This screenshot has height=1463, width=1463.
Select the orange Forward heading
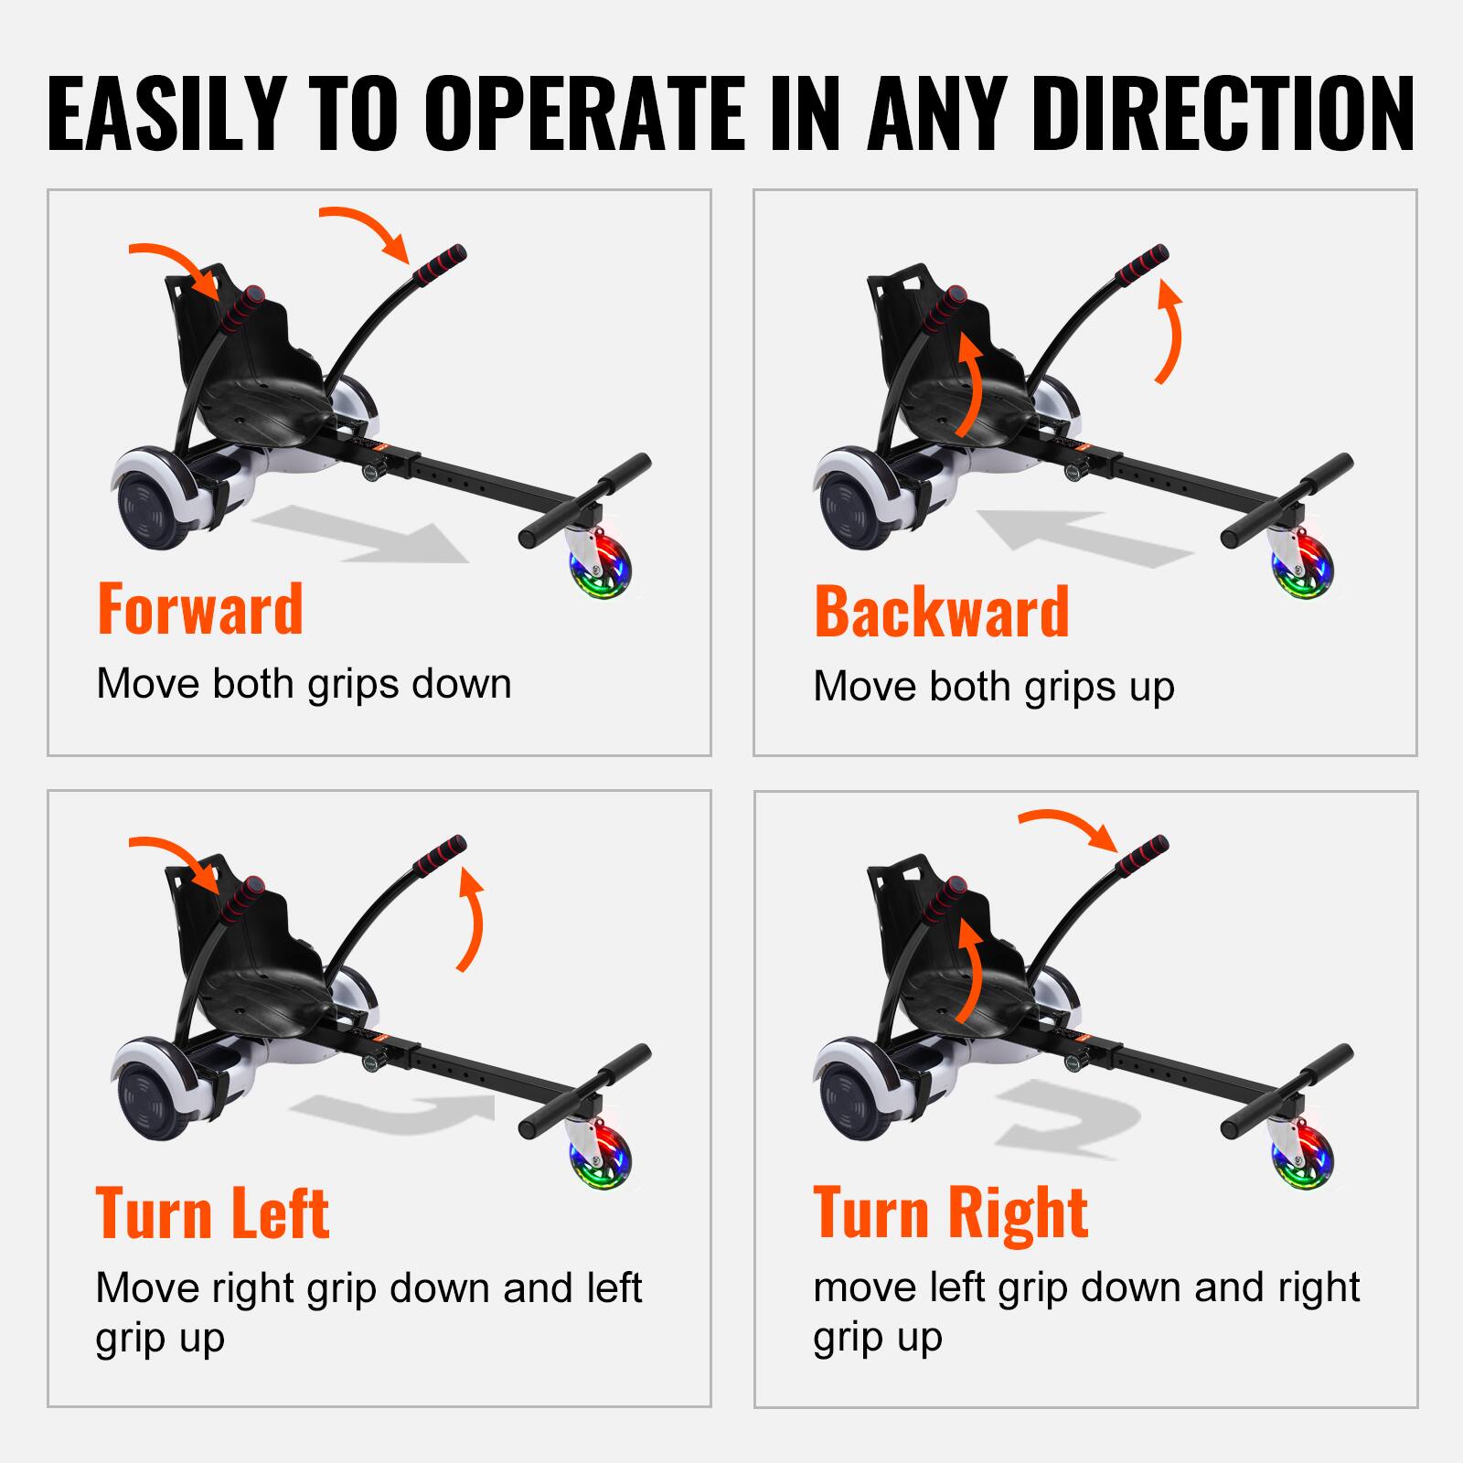coord(199,610)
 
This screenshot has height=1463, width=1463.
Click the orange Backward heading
coord(941,612)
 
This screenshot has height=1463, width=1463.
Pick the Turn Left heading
coord(212,1213)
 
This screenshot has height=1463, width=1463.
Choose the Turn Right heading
coord(950,1213)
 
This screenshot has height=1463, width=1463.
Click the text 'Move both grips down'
coord(304,685)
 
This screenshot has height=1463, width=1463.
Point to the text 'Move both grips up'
coord(993,687)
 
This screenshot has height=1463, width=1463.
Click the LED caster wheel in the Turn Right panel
coord(1302,1156)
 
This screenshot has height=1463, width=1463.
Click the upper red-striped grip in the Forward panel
coord(440,266)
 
